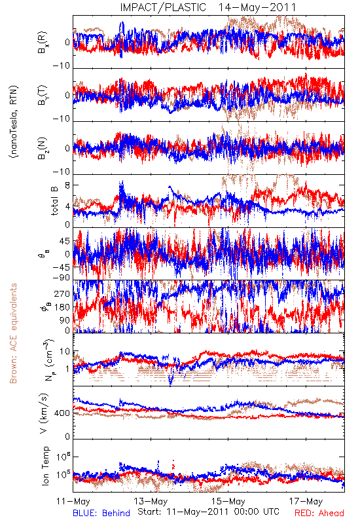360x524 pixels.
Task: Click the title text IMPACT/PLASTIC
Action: point(163,7)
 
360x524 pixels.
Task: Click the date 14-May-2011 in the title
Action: point(257,7)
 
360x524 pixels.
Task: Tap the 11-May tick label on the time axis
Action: point(73,501)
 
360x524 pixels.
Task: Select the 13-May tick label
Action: point(151,501)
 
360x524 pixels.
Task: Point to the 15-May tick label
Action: point(228,501)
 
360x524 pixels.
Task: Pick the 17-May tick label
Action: point(306,501)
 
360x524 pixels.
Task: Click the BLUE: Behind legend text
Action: point(101,513)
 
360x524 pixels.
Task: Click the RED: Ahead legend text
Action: point(319,513)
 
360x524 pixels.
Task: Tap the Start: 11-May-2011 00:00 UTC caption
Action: point(208,512)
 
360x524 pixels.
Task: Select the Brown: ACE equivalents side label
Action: point(13,333)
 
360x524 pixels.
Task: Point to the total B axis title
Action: point(54,201)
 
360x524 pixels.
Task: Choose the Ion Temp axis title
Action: point(45,466)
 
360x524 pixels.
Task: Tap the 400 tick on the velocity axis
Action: point(62,413)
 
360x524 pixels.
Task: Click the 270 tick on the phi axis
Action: point(62,293)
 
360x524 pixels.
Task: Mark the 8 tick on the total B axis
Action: point(67,185)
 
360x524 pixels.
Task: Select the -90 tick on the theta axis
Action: point(62,278)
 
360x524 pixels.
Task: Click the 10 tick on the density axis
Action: point(65,352)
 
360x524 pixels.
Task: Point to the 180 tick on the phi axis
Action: point(62,307)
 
